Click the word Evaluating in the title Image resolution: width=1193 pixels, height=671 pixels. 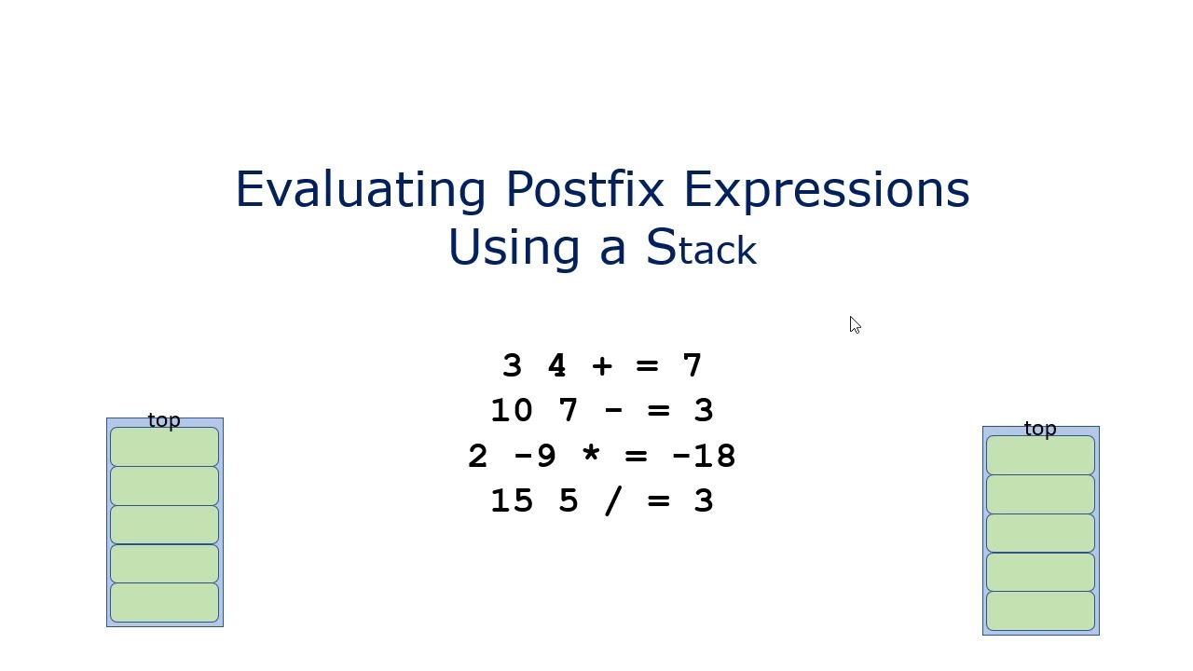click(360, 189)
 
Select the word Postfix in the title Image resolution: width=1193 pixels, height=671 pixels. click(584, 189)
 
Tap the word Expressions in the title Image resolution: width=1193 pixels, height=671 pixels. click(826, 189)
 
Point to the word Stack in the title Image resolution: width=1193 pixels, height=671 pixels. click(700, 248)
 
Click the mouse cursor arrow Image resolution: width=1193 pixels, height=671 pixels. click(855, 324)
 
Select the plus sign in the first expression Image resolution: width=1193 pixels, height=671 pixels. click(602, 365)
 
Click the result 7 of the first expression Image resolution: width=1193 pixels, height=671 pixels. click(692, 365)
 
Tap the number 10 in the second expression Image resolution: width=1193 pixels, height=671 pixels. click(512, 410)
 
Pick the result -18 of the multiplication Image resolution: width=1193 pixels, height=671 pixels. click(704, 456)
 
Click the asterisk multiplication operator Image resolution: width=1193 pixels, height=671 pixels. click(591, 456)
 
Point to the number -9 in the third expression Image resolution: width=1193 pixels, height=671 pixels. click(535, 456)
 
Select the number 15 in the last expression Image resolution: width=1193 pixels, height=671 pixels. click(512, 500)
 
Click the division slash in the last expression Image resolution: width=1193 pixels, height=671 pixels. click(613, 500)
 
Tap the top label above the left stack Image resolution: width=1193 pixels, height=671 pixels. click(164, 420)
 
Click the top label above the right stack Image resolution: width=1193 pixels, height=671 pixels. click(1040, 429)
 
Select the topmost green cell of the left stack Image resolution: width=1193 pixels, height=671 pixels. click(164, 446)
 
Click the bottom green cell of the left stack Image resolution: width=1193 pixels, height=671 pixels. click(164, 602)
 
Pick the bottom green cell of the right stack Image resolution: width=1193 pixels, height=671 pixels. click(1040, 610)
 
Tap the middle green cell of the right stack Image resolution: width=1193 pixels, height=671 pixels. click(1040, 533)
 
